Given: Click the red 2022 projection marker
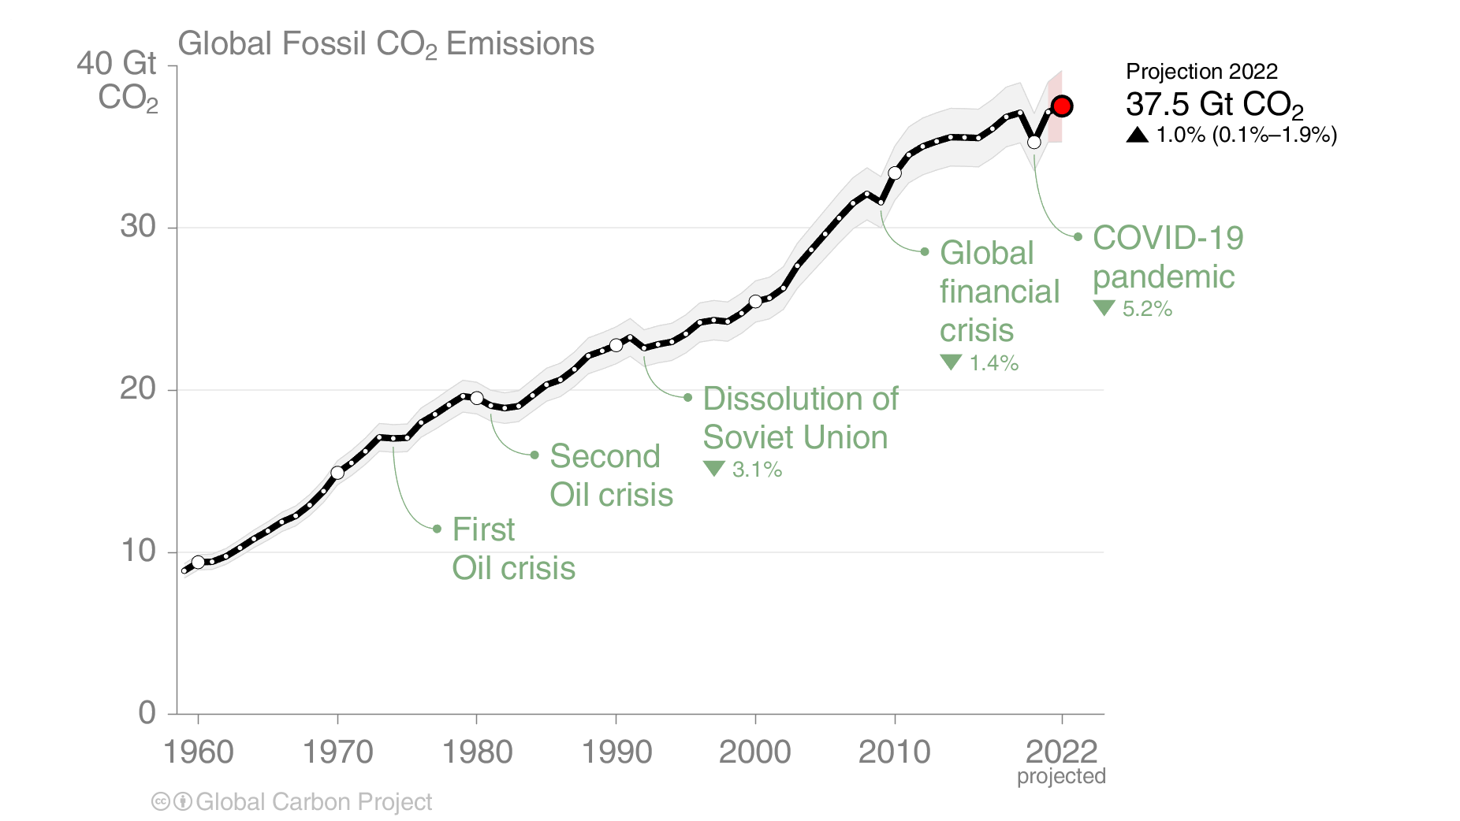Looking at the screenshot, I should (1062, 106).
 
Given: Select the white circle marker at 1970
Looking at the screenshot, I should (337, 473).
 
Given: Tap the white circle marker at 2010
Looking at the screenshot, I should (895, 173).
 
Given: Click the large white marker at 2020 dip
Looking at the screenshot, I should (1034, 142).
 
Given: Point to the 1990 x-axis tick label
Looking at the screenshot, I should (616, 752).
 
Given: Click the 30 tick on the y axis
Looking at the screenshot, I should (138, 227).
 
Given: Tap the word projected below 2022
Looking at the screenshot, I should (1061, 776).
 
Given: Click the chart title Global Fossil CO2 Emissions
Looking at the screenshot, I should (385, 44).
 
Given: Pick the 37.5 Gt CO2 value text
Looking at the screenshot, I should (1214, 105).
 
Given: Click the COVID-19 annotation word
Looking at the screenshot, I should (1168, 238).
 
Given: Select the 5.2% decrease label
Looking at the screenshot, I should (1147, 309).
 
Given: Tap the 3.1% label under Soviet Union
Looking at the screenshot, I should (757, 470).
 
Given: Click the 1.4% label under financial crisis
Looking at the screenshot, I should (993, 363).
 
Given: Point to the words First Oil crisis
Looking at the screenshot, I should (512, 549).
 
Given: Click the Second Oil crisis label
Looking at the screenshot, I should (611, 476).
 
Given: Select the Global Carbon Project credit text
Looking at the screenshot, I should (313, 802).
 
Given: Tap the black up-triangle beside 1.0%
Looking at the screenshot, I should (1137, 135).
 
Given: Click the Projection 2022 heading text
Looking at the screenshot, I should (1201, 72).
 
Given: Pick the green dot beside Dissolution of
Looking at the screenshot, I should (687, 398).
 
